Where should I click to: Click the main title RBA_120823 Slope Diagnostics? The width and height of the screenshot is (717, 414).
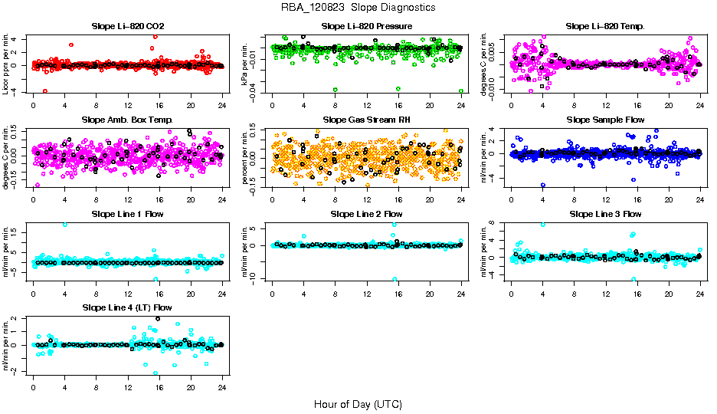pos(358,7)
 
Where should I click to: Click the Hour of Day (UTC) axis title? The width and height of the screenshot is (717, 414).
pos(358,403)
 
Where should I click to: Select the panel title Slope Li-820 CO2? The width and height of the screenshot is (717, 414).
pos(127,27)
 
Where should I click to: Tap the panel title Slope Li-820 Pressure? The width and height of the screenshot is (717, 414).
pos(367,27)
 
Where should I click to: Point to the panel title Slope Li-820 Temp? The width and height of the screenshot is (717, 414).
pos(605,27)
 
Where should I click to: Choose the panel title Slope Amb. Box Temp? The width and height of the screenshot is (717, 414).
pos(127,120)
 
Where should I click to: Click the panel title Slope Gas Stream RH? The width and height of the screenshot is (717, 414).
pos(367,120)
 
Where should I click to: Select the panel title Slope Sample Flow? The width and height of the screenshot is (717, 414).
pos(605,120)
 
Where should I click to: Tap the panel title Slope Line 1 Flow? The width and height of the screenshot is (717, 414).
pos(127,214)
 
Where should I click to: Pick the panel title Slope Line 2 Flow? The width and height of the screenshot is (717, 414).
pos(367,214)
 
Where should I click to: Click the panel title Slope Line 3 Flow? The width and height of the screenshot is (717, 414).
pos(605,214)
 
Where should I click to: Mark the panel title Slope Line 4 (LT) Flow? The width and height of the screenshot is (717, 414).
pos(127,307)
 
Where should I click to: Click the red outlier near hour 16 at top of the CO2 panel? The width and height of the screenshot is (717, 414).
pos(156,37)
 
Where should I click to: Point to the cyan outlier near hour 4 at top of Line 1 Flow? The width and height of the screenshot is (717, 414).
pos(65,225)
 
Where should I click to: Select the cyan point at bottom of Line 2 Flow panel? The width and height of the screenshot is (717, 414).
pos(395,279)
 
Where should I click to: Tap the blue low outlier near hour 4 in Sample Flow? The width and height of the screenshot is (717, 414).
pos(543,185)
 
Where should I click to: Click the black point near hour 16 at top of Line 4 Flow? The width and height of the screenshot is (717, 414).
pos(158,318)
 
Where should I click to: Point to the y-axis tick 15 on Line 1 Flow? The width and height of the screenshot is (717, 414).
pos(25,231)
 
